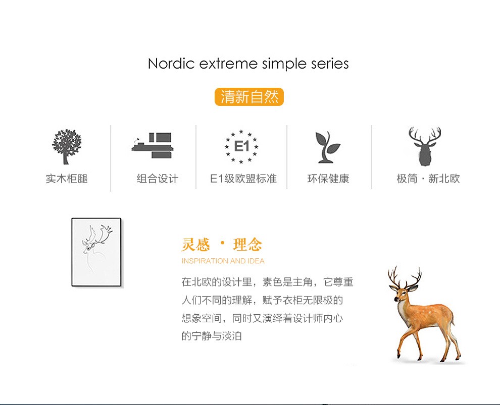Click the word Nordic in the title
click(171, 64)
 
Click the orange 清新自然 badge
click(249, 97)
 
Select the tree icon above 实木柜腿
click(67, 146)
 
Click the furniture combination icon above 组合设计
click(153, 145)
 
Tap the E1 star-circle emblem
click(241, 146)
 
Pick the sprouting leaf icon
click(327, 147)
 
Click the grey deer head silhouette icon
click(425, 146)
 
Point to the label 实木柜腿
click(67, 179)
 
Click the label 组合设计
click(158, 179)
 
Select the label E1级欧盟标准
click(243, 179)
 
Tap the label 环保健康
click(328, 179)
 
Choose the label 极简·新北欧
click(428, 179)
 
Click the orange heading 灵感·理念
click(222, 245)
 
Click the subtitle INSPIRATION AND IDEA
click(223, 261)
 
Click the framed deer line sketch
click(96, 252)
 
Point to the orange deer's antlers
click(405, 277)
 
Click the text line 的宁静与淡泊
click(212, 336)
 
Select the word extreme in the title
click(228, 64)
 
